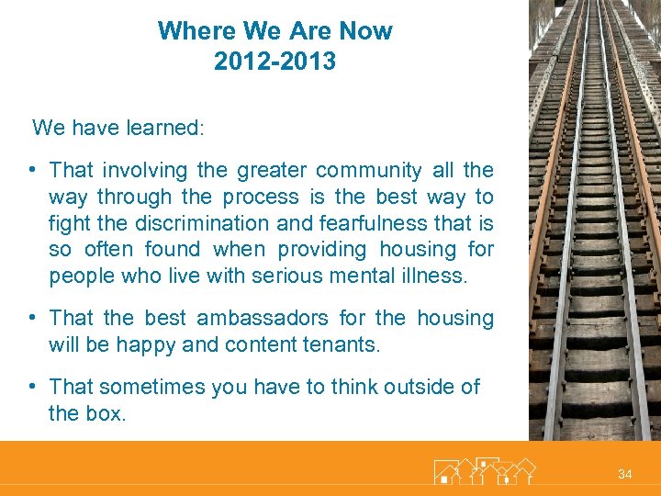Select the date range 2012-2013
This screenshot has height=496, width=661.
coord(274,62)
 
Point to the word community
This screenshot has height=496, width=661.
coord(366,171)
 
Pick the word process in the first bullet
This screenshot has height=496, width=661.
coord(262,197)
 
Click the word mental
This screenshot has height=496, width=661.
coord(369,276)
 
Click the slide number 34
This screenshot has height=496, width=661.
coord(624,474)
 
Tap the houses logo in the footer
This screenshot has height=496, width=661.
coord(484,470)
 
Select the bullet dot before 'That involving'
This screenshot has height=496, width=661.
coord(32,170)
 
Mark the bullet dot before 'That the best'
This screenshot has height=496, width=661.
coord(32,318)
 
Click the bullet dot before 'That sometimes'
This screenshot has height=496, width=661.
coord(32,387)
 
